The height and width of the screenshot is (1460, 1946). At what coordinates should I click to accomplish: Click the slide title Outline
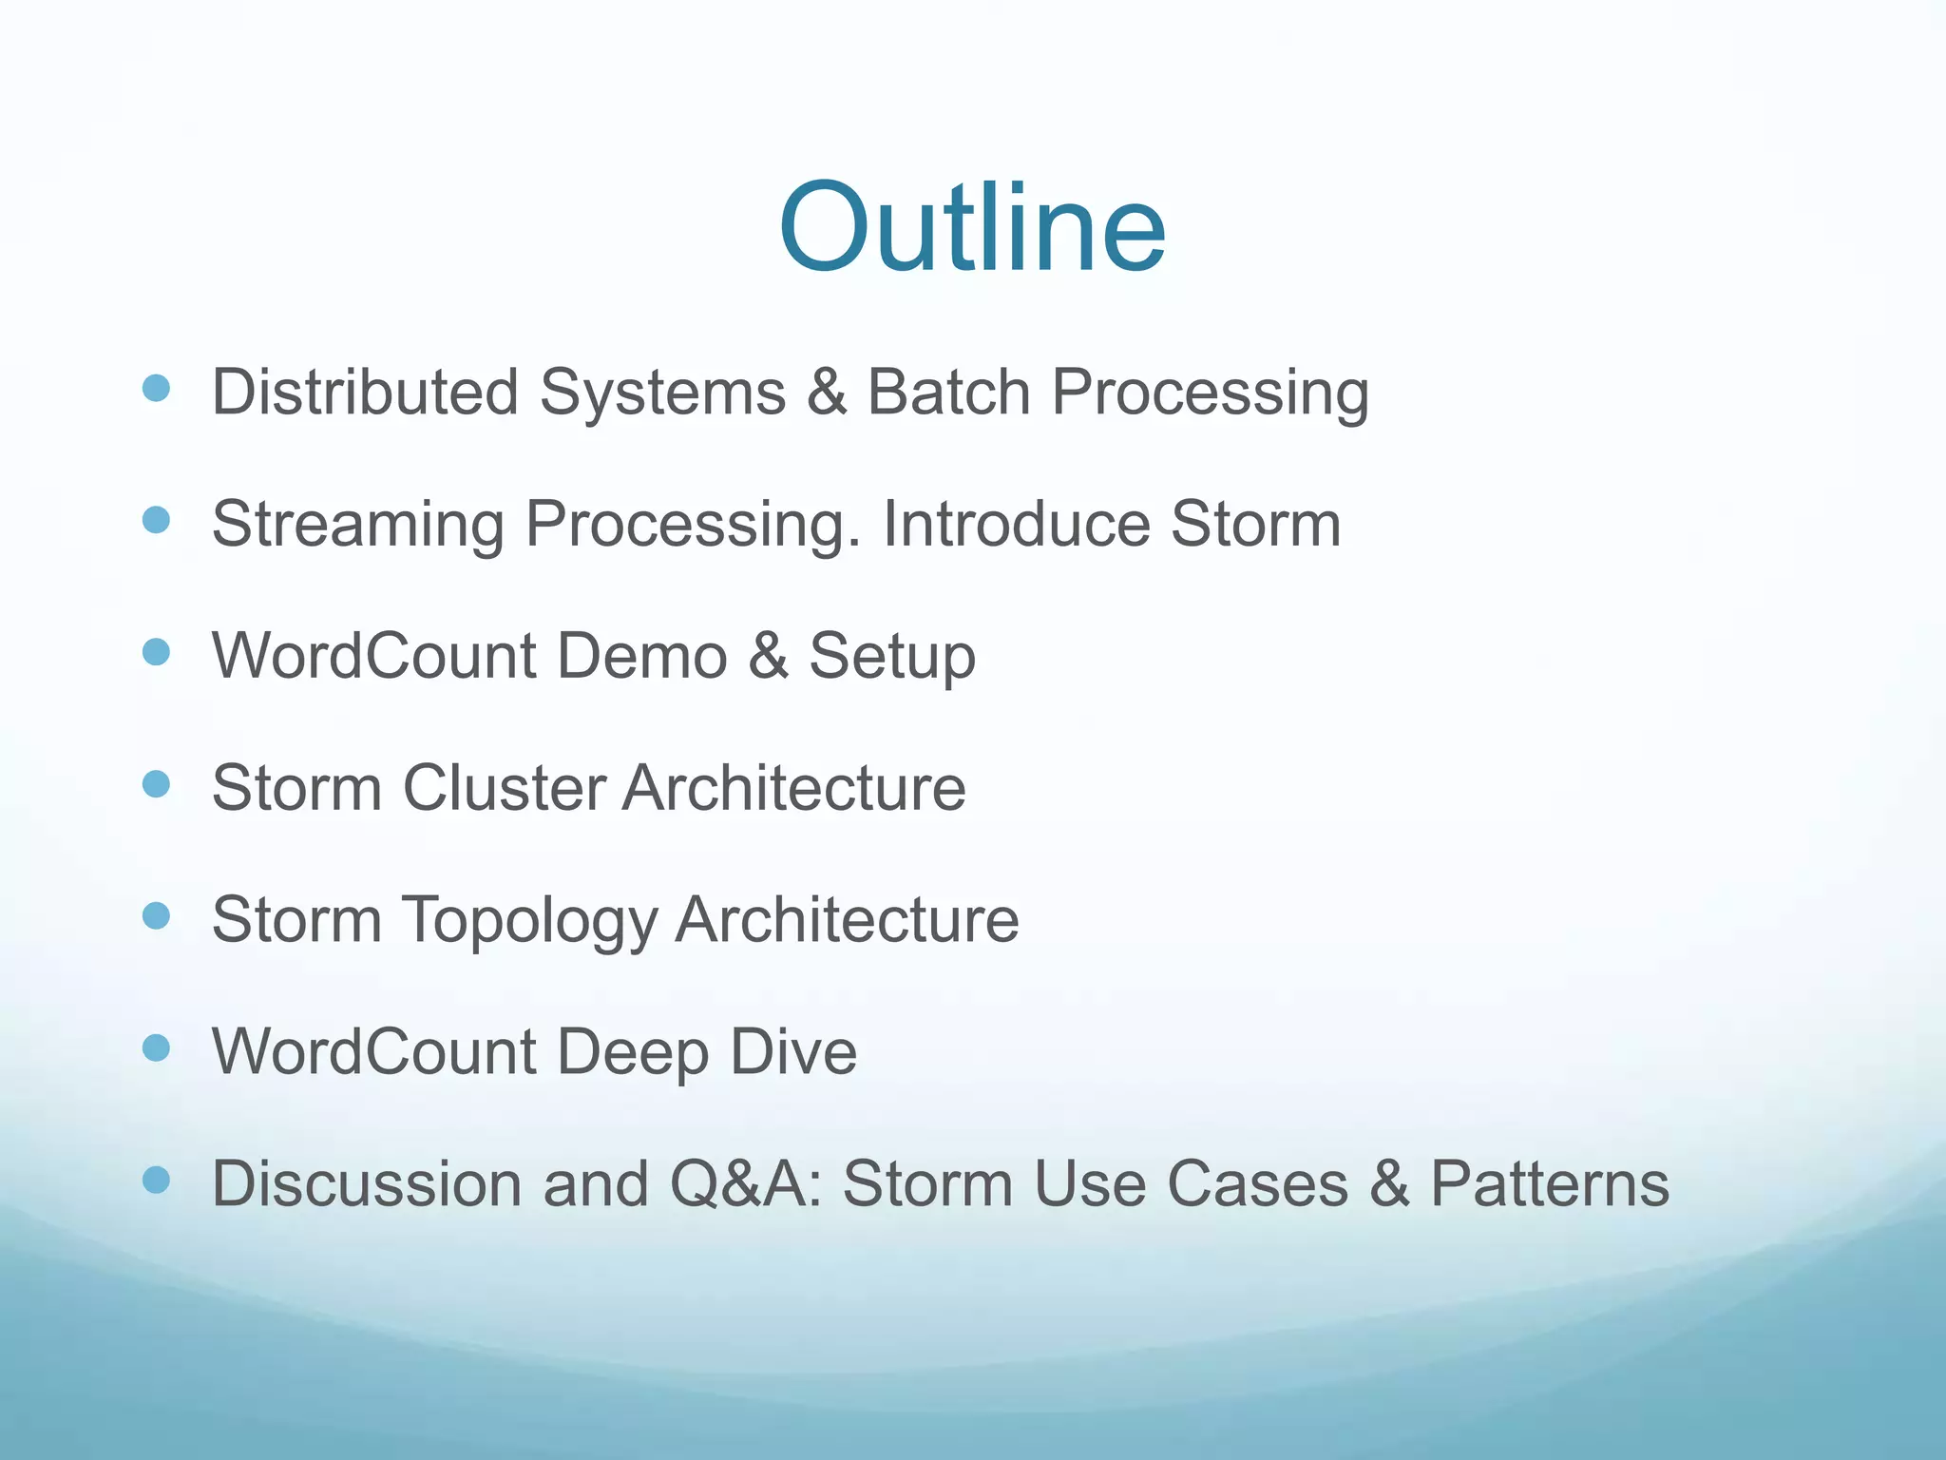point(971,228)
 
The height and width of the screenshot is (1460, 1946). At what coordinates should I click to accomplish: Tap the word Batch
point(948,392)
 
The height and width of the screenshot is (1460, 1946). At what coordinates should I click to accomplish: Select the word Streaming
point(357,525)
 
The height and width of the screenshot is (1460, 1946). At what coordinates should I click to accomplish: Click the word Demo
point(641,656)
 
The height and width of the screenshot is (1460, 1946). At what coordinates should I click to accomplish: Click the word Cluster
point(504,788)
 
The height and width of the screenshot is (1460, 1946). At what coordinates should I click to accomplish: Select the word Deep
point(631,1053)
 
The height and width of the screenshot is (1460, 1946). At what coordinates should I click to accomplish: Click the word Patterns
point(1549,1184)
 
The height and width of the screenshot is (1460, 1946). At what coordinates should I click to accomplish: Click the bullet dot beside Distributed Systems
point(156,388)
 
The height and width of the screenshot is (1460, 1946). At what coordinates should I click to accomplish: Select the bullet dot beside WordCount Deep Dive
point(156,1048)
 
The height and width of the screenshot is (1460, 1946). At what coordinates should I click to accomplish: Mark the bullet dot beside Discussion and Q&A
point(156,1181)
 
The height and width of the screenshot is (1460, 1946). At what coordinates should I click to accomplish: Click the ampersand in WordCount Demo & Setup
point(768,656)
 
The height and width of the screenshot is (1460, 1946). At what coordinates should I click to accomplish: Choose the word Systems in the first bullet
point(662,394)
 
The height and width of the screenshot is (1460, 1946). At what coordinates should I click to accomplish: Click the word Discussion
point(366,1184)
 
